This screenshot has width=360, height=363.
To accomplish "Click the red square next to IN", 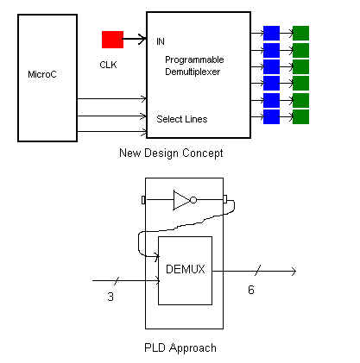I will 112,40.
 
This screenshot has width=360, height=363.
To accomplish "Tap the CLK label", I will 108,63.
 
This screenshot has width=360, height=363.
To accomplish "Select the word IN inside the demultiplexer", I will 161,41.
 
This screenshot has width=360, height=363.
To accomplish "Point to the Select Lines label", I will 181,118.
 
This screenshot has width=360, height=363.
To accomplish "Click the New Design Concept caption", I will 172,153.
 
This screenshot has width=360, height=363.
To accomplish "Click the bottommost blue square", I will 271,116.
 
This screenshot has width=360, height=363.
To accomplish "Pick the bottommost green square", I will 300,116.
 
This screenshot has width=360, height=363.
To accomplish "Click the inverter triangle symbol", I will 182,201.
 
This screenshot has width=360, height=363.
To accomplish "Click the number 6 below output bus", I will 251,290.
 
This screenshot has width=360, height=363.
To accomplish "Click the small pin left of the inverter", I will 143,201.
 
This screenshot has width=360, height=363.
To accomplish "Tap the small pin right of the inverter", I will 225,201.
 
